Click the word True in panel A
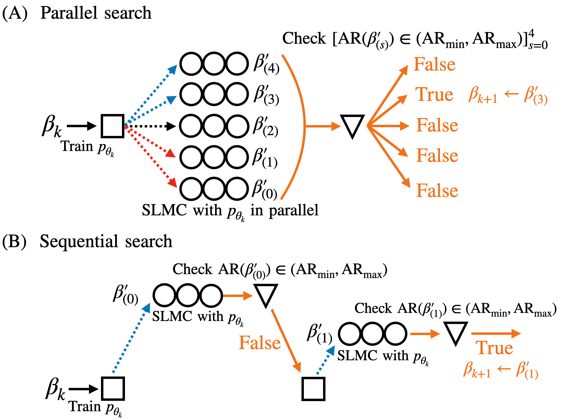[434, 95]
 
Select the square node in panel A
[112, 126]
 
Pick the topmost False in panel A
[435, 64]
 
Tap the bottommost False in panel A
[437, 191]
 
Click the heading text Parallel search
[96, 13]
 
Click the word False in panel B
[260, 343]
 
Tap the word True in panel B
[494, 348]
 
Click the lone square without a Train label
[313, 389]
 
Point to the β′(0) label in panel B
[126, 295]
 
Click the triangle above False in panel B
[266, 295]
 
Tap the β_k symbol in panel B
[55, 389]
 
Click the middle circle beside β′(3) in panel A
[214, 94]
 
